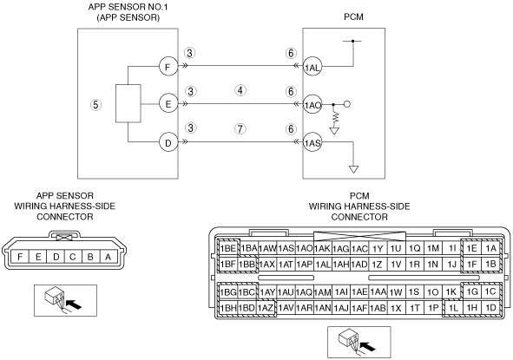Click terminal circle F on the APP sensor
(x=168, y=67)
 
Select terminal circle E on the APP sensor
(x=168, y=104)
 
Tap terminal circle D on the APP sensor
(x=168, y=142)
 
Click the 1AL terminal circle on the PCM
(x=312, y=67)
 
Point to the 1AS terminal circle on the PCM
(x=312, y=142)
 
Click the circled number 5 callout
(x=95, y=105)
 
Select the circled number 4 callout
(x=240, y=90)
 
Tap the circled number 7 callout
(x=240, y=129)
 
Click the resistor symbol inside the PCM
(x=334, y=118)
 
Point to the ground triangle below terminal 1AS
(x=353, y=169)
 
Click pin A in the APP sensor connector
(x=108, y=257)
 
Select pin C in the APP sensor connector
(x=73, y=257)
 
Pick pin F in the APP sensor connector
(x=20, y=257)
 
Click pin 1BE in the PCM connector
(x=228, y=248)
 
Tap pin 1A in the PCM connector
(x=490, y=248)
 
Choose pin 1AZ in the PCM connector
(x=265, y=308)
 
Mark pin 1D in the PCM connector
(x=490, y=308)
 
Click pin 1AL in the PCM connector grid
(x=322, y=265)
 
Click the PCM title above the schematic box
(x=353, y=16)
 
